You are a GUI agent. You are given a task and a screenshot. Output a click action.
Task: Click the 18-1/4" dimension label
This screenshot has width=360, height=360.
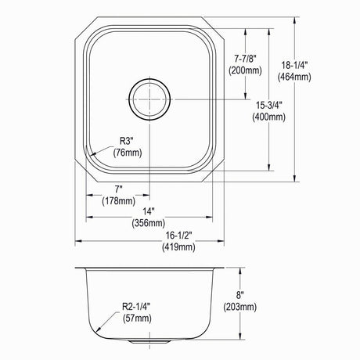pyautogui.click(x=295, y=64)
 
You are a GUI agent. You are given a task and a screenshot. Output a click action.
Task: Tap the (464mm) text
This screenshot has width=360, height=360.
pyautogui.click(x=294, y=77)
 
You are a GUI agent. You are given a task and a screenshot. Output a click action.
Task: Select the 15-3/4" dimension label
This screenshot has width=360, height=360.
pyautogui.click(x=269, y=105)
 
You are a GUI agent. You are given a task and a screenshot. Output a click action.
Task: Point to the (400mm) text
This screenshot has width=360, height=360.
pyautogui.click(x=268, y=117)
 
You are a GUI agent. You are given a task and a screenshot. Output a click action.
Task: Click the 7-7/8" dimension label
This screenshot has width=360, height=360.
pyautogui.click(x=245, y=58)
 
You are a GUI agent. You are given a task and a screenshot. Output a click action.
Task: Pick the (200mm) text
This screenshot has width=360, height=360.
pyautogui.click(x=245, y=70)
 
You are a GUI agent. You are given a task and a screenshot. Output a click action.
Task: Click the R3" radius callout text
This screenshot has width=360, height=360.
pyautogui.click(x=127, y=141)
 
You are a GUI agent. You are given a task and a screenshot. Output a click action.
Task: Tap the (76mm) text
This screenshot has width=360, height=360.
pyautogui.click(x=128, y=153)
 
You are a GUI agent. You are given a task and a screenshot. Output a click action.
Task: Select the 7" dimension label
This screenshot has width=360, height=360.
pyautogui.click(x=119, y=189)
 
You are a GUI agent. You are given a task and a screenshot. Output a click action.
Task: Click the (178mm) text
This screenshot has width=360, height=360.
pyautogui.click(x=119, y=200)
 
